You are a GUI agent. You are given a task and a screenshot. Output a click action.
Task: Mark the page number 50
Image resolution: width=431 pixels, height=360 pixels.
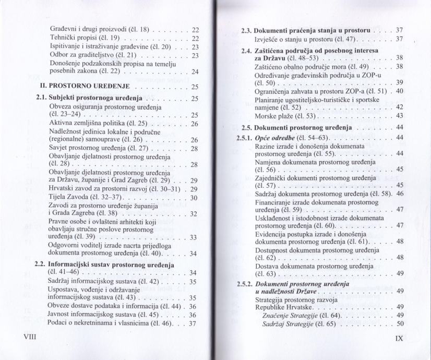(x=401, y=323)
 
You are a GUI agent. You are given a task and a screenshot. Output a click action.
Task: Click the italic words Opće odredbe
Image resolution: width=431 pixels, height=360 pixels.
(x=276, y=137)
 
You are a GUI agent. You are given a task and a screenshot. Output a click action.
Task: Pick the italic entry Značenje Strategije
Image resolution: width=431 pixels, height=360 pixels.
(x=287, y=315)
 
